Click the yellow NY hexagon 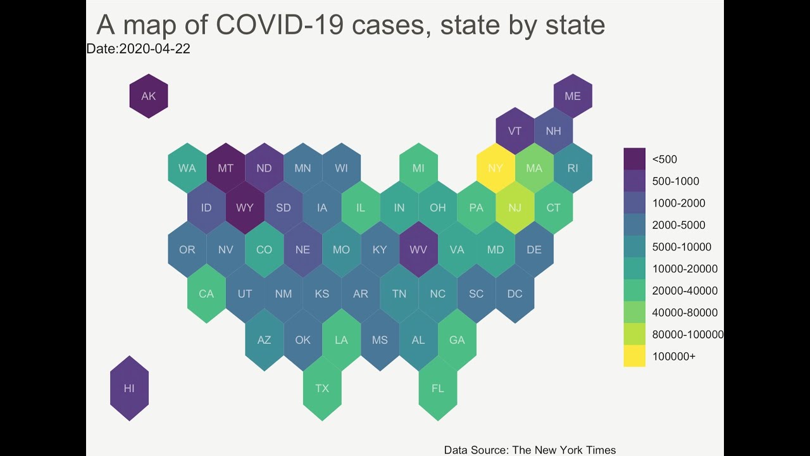(495, 168)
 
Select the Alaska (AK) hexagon (148, 96)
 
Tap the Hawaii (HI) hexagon (129, 388)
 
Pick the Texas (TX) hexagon (322, 388)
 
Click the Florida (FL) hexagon (438, 388)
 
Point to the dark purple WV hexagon (418, 250)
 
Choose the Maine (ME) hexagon (573, 96)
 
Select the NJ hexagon (515, 208)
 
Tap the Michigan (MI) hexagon (418, 168)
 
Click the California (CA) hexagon (206, 294)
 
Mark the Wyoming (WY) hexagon (245, 208)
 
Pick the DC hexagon (515, 294)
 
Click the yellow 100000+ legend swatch (634, 356)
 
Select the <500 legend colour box (634, 159)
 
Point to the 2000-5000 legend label (678, 225)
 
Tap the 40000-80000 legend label (685, 312)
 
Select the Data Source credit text (530, 450)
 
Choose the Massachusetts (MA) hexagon (534, 168)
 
